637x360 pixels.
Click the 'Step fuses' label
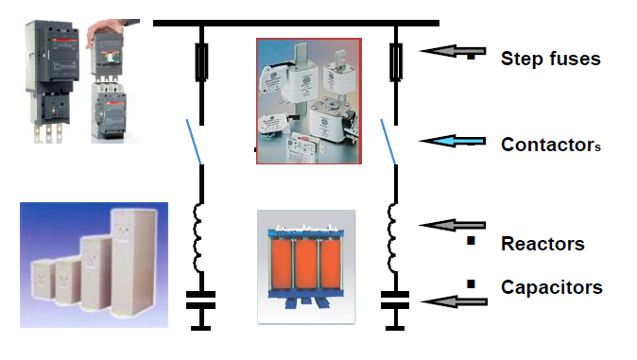550,59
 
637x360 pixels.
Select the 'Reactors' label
542,244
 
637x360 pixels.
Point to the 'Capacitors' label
551,286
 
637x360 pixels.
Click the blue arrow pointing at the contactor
455,143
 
